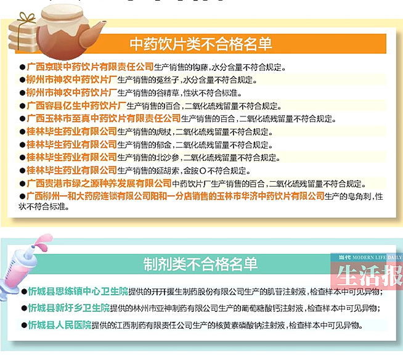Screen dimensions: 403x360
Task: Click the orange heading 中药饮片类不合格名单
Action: (x=200, y=44)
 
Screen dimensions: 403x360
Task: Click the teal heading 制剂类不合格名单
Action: (x=200, y=264)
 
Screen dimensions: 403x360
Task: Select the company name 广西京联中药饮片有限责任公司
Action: (x=90, y=67)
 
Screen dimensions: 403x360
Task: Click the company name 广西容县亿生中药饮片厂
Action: (x=76, y=105)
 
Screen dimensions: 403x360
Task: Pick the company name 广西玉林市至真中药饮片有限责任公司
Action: (x=104, y=118)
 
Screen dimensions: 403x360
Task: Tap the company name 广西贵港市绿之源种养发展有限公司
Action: (x=99, y=183)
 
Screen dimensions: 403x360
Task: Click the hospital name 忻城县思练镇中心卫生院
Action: (x=78, y=292)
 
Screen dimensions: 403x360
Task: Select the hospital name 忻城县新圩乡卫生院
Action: (x=68, y=308)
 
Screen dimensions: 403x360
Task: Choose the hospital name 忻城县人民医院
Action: (x=60, y=325)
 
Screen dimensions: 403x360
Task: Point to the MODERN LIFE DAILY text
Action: (x=377, y=258)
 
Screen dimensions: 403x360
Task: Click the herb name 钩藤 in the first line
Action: (x=200, y=67)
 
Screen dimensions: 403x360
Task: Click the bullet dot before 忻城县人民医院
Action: (x=24, y=325)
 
